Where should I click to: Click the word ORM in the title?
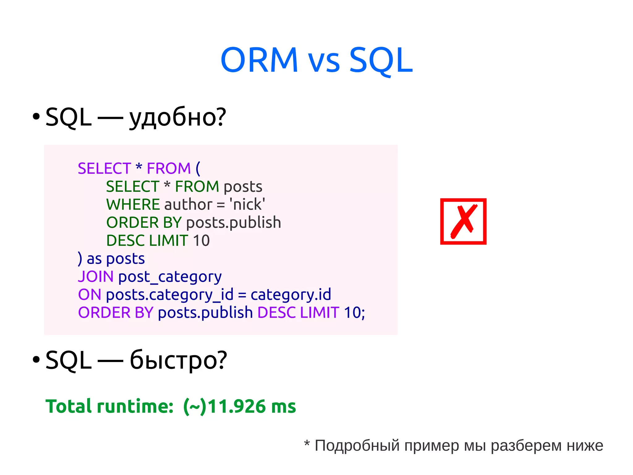(x=259, y=60)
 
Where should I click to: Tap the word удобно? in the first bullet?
(x=178, y=118)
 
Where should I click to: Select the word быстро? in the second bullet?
(x=178, y=361)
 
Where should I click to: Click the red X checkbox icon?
(x=463, y=222)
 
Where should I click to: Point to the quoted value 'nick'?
(x=247, y=205)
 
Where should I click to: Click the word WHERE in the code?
(x=133, y=205)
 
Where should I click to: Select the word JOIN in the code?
(x=96, y=276)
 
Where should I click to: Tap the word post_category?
(x=170, y=277)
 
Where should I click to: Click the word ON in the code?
(x=90, y=295)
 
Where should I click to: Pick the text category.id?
(x=291, y=295)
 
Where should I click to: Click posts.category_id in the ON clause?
(x=170, y=295)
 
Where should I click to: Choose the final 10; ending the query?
(x=354, y=313)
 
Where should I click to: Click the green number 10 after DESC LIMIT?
(x=201, y=241)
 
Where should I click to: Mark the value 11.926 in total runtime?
(x=236, y=406)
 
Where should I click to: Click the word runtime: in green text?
(x=135, y=406)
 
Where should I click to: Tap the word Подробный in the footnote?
(x=356, y=446)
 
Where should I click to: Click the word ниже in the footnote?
(x=585, y=446)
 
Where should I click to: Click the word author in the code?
(x=188, y=205)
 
